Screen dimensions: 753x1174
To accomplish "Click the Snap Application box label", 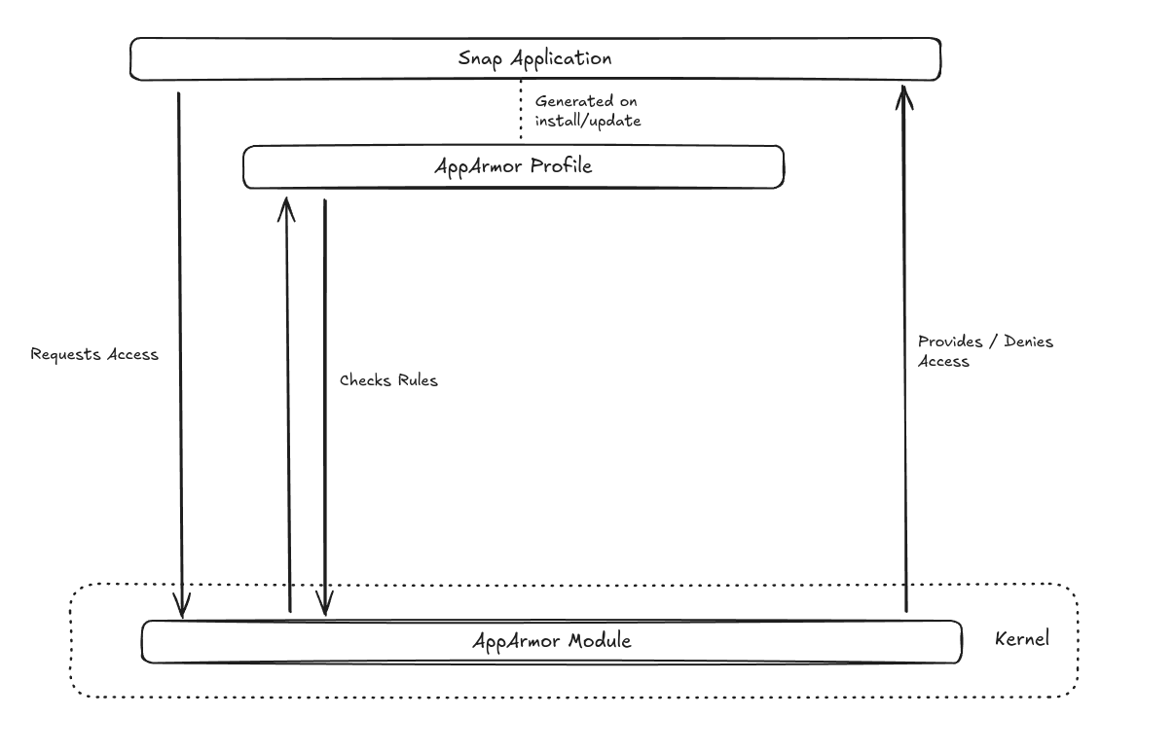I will [534, 58].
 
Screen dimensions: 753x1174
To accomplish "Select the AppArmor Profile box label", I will [512, 166].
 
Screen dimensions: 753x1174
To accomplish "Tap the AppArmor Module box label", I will [551, 641].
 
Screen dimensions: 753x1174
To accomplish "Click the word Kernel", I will [1022, 640].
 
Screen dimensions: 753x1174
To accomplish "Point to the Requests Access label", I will [94, 354].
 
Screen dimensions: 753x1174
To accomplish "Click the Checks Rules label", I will [388, 380].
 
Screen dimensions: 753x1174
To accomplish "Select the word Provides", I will [950, 342].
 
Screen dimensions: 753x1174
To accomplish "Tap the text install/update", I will [588, 121].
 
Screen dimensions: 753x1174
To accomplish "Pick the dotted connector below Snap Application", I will [521, 112].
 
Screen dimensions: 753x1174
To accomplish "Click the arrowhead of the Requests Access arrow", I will [181, 608].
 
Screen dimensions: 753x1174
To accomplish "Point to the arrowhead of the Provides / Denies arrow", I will [904, 94].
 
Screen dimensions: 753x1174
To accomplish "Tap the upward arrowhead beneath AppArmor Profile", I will [286, 206].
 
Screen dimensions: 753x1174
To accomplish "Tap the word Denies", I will [1029, 342].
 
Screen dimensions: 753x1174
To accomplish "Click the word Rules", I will [416, 380].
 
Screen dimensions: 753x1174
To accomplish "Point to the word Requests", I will [65, 354].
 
